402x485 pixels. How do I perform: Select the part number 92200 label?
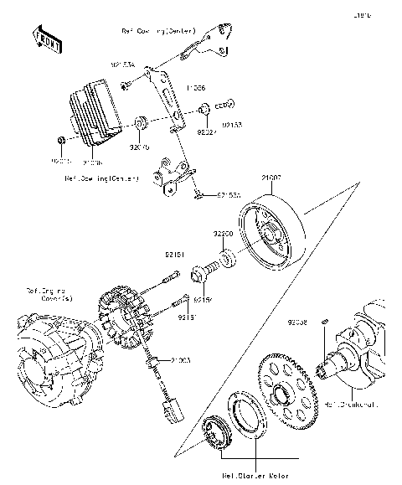click(222, 235)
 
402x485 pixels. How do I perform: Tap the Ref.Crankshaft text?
click(350, 403)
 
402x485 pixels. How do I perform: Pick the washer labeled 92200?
click(228, 257)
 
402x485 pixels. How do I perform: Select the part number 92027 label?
click(206, 132)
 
